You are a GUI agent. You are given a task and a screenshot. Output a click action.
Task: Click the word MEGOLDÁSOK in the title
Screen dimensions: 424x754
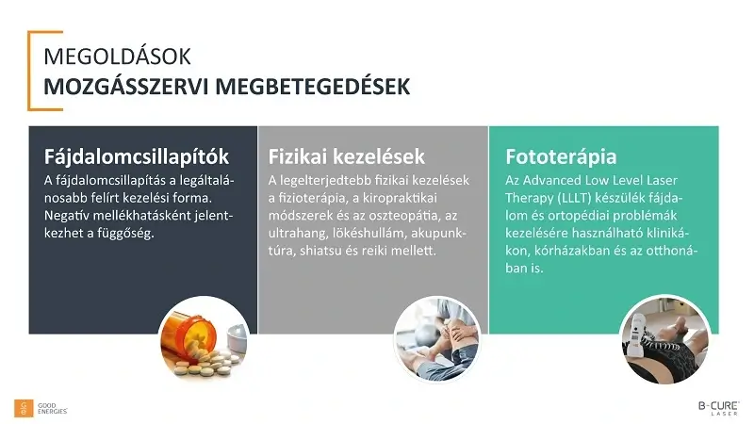[110, 57]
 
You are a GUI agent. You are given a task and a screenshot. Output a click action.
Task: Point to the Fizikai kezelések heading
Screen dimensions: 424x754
[346, 155]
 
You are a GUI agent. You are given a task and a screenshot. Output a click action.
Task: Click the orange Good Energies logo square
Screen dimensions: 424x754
[24, 407]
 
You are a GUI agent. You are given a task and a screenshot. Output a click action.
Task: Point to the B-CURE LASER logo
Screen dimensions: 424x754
[713, 407]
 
